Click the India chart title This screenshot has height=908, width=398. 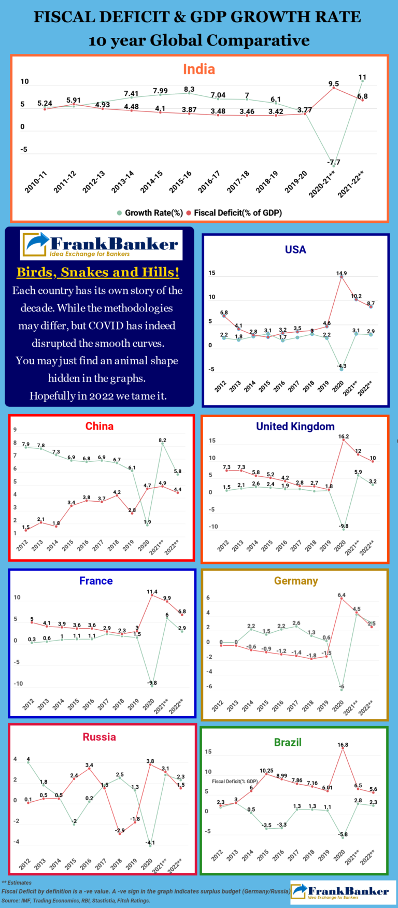tap(199, 69)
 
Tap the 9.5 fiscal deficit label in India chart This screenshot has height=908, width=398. tap(334, 83)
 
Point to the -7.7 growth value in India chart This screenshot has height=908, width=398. tap(334, 162)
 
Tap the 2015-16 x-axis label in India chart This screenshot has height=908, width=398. tap(180, 181)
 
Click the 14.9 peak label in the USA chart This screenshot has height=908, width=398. tap(342, 273)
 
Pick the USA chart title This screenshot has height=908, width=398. tap(295, 249)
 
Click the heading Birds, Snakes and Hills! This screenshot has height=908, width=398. tap(98, 272)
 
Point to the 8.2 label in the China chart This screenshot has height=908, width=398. tap(163, 440)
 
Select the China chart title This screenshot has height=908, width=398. tap(99, 426)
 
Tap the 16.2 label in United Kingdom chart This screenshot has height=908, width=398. tap(344, 436)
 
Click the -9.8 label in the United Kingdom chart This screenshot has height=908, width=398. tap(344, 526)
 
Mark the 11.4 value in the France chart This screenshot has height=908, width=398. tap(152, 591)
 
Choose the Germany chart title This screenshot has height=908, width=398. tap(296, 581)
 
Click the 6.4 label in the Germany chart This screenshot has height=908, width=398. tap(342, 595)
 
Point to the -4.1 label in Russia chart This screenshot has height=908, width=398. tap(150, 842)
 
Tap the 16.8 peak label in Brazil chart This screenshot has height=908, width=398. tap(343, 745)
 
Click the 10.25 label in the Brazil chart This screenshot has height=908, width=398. tap(266, 771)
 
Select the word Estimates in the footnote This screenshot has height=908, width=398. tap(20, 883)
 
